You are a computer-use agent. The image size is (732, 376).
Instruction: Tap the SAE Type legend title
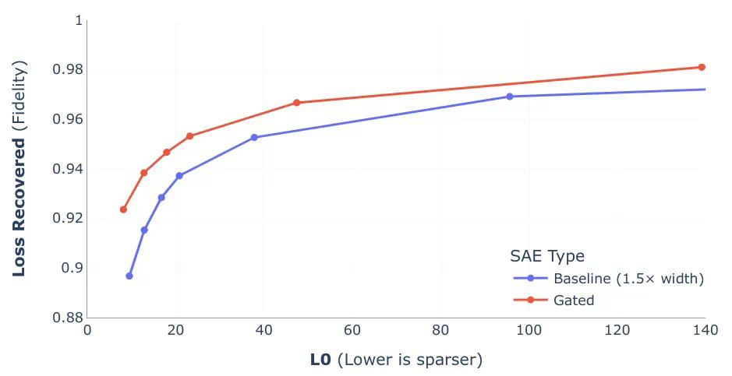point(547,256)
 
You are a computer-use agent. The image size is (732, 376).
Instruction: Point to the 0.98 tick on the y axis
point(67,70)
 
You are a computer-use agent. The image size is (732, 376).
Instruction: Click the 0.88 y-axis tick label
point(67,318)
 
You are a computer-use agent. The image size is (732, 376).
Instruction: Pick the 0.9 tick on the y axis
point(72,268)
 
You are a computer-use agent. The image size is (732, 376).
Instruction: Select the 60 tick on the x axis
point(352,330)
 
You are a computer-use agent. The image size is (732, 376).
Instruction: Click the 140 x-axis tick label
point(704,330)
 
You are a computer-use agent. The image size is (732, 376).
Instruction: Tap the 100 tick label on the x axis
point(529,330)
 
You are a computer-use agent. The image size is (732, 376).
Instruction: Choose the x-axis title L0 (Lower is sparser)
point(396,359)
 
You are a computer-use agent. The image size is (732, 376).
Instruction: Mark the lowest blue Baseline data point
point(129,276)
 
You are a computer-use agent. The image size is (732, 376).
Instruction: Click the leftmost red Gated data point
point(123,209)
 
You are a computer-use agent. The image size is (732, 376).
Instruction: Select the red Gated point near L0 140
point(702,67)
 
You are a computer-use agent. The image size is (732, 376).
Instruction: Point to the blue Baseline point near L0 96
point(510,97)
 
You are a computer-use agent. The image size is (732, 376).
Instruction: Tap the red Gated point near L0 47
point(296,103)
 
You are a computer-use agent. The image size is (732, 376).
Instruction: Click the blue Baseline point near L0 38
point(254,137)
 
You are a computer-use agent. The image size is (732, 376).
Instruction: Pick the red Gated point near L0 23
point(189,136)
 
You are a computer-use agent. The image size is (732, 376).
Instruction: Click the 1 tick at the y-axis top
point(78,21)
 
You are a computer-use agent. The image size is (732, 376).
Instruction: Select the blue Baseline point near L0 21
point(179,176)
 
